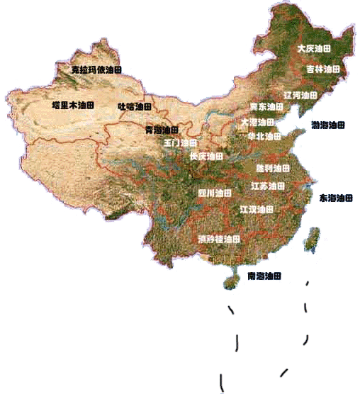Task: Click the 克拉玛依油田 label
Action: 97,70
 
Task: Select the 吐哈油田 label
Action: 135,106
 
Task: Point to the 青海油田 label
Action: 162,130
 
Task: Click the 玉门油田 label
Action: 180,142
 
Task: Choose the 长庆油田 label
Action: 206,155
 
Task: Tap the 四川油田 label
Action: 214,192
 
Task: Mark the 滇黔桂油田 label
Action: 219,239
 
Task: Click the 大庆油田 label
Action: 314,49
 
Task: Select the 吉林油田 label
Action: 323,69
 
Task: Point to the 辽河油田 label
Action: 300,94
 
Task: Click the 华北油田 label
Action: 264,136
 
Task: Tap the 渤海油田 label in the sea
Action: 329,125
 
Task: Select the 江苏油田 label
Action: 268,186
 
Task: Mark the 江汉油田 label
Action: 257,210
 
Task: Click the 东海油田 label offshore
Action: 336,198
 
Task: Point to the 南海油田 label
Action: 265,275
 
